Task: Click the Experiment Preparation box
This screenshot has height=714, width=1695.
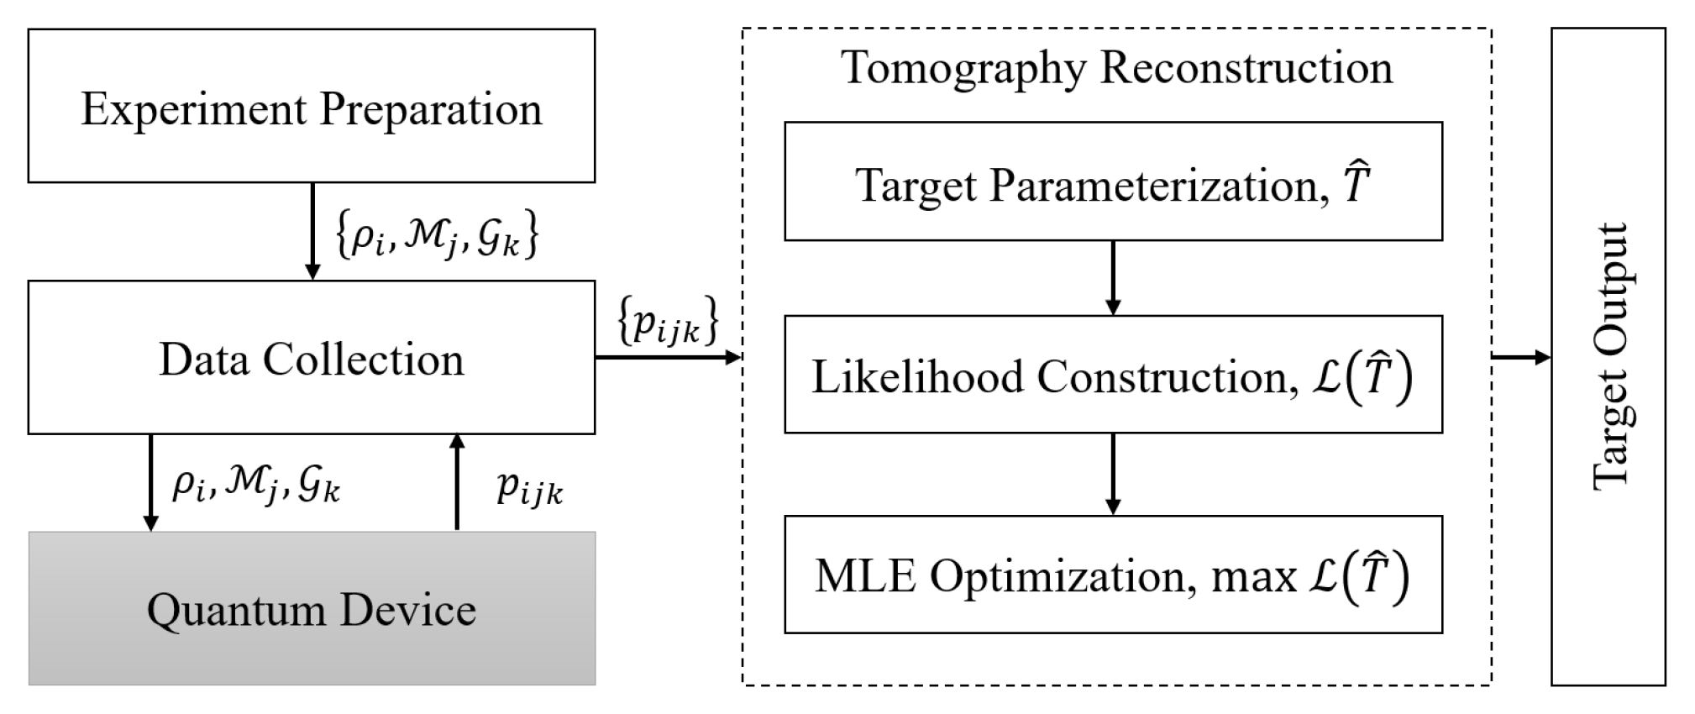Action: pos(311,107)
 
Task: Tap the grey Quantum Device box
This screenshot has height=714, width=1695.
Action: pos(311,609)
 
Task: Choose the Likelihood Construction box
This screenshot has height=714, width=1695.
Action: pos(1113,375)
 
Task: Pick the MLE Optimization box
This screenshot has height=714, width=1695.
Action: pos(1113,575)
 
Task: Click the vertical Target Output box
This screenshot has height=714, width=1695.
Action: pos(1608,357)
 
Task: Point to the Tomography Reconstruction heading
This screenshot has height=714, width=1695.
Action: pos(1116,67)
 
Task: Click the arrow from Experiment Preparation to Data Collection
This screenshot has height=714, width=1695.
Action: pos(312,231)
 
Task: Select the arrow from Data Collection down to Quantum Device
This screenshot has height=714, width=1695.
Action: pos(151,482)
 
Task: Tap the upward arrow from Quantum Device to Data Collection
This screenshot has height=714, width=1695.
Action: pos(457,482)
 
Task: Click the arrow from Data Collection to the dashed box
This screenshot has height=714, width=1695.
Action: pos(668,358)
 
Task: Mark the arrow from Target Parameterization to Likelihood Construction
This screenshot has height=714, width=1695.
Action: pos(1113,278)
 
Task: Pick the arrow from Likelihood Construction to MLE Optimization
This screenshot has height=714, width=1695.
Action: pos(1113,474)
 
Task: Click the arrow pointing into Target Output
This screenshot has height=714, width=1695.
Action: pos(1521,358)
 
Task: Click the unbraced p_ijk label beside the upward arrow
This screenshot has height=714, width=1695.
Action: pos(529,488)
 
